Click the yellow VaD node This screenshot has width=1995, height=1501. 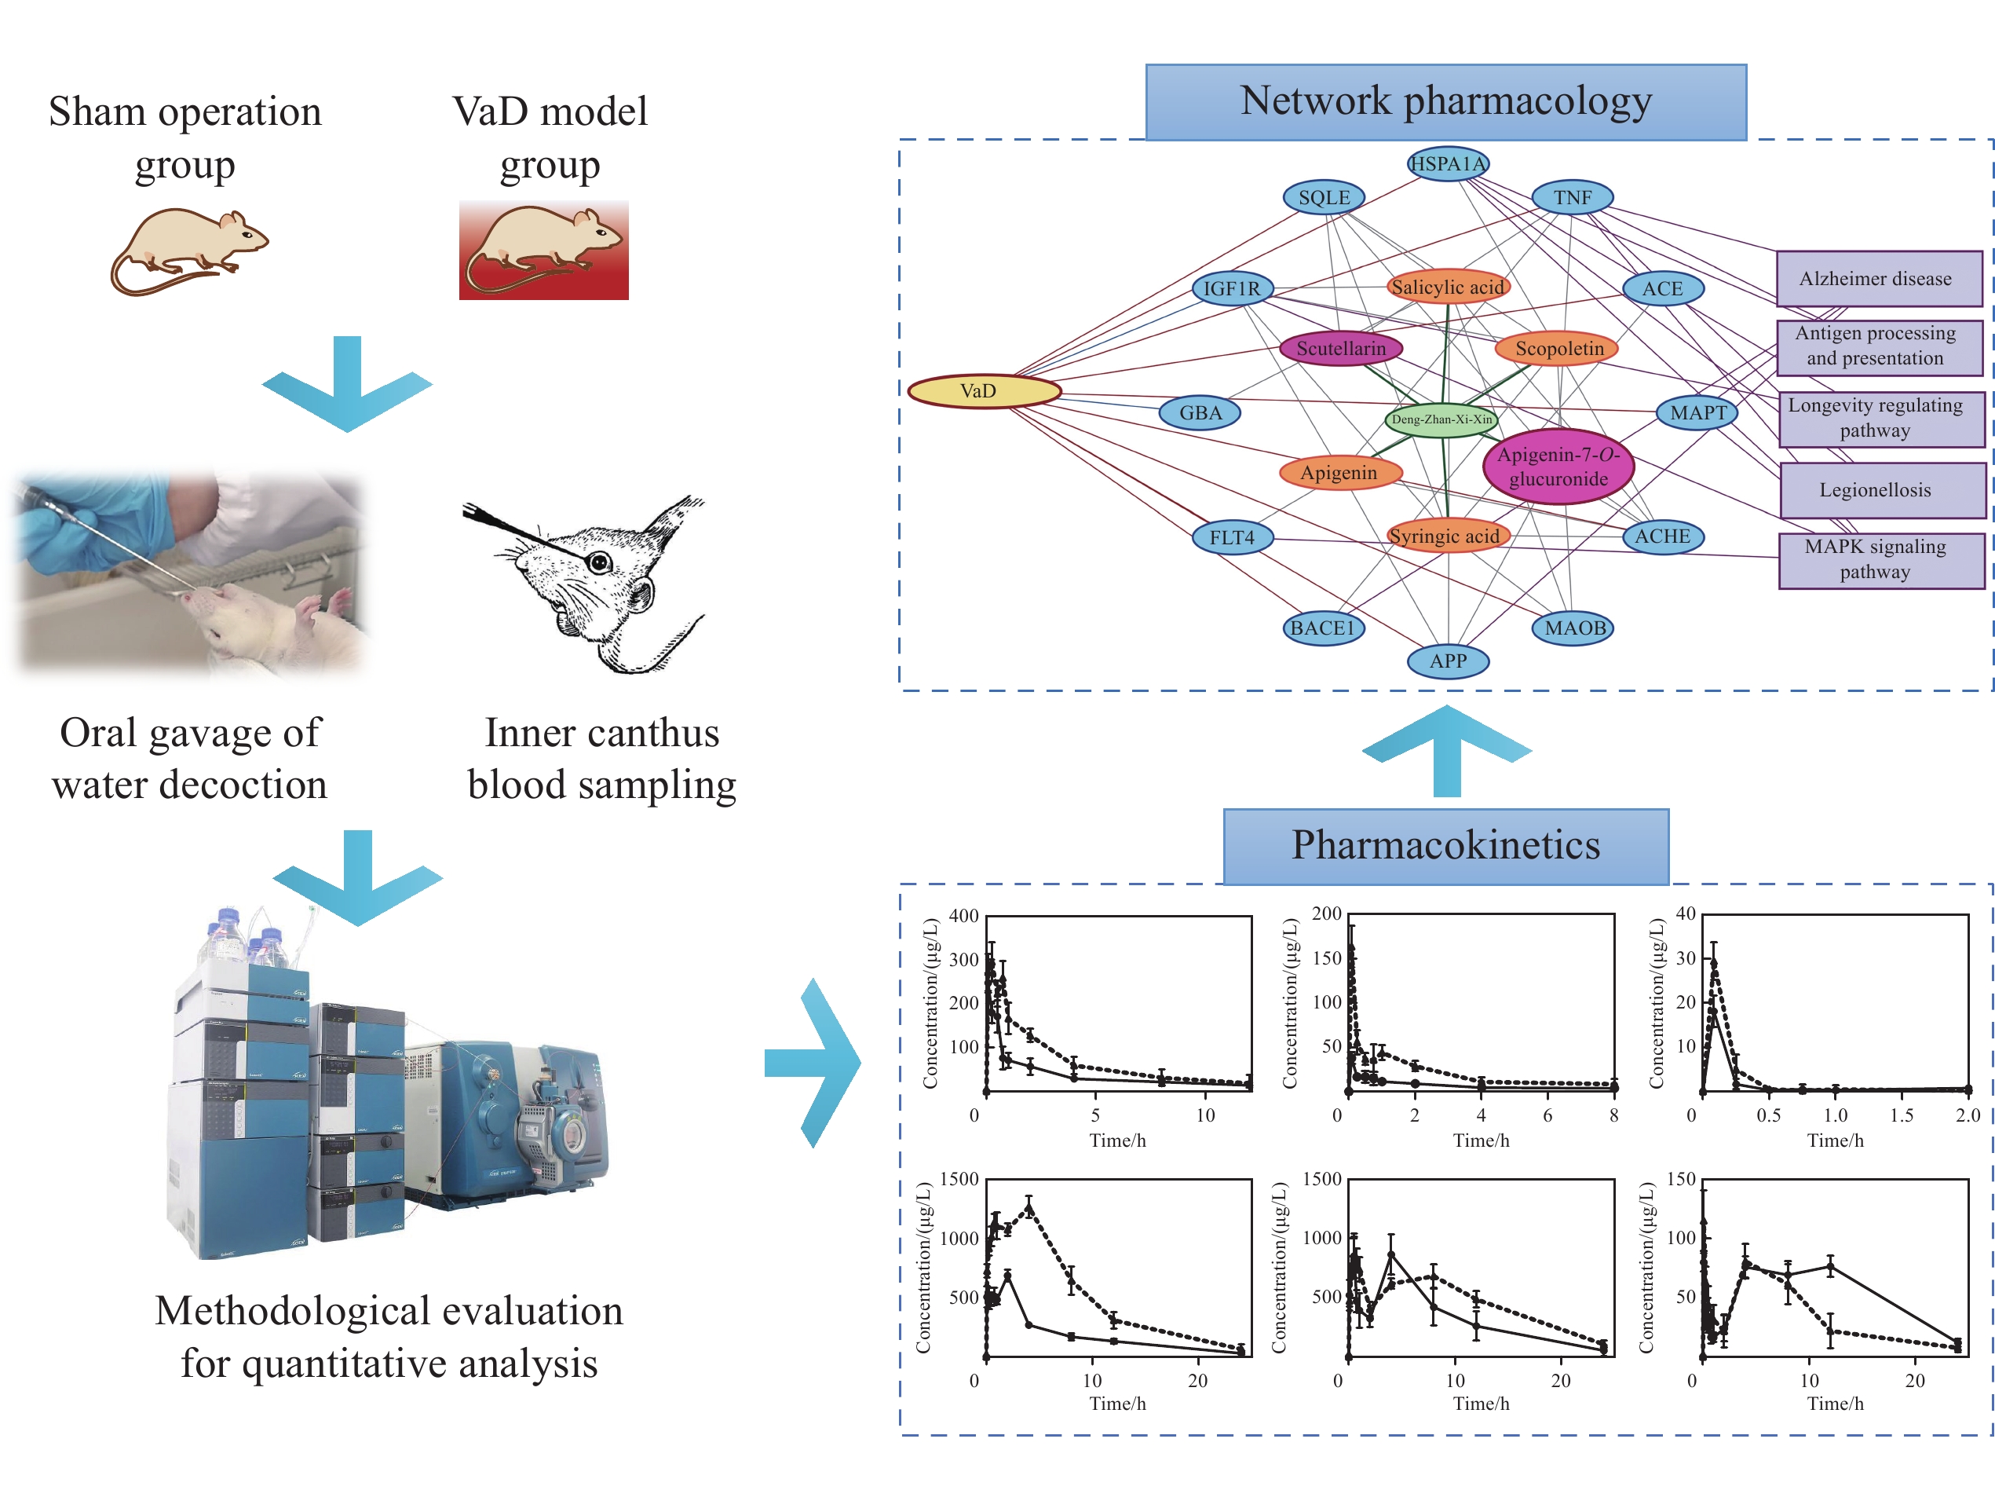click(x=983, y=390)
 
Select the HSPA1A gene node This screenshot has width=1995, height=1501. click(x=1448, y=163)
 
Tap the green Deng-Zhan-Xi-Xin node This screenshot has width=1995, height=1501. click(x=1441, y=419)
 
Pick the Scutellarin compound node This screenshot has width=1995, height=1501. click(x=1340, y=348)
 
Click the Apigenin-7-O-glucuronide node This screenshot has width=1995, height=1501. click(x=1558, y=467)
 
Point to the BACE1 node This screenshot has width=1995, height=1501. click(x=1323, y=628)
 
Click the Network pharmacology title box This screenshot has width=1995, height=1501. click(x=1445, y=101)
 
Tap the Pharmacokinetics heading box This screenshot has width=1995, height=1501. click(x=1445, y=845)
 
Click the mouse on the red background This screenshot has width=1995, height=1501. click(x=544, y=250)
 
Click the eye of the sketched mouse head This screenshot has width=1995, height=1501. click(x=599, y=563)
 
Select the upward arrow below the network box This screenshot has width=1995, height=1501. click(x=1447, y=749)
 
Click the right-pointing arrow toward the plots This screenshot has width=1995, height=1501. click(x=813, y=1062)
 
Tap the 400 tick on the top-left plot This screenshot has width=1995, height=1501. click(x=964, y=916)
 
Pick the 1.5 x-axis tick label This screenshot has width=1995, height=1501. click(x=1902, y=1115)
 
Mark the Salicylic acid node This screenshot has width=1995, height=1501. click(x=1448, y=287)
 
